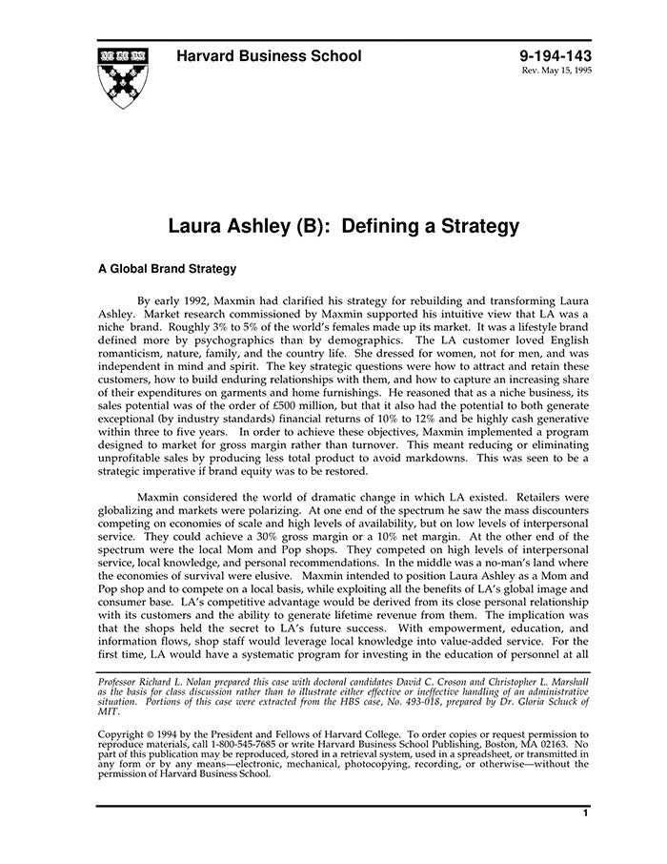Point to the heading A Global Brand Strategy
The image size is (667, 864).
click(167, 270)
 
